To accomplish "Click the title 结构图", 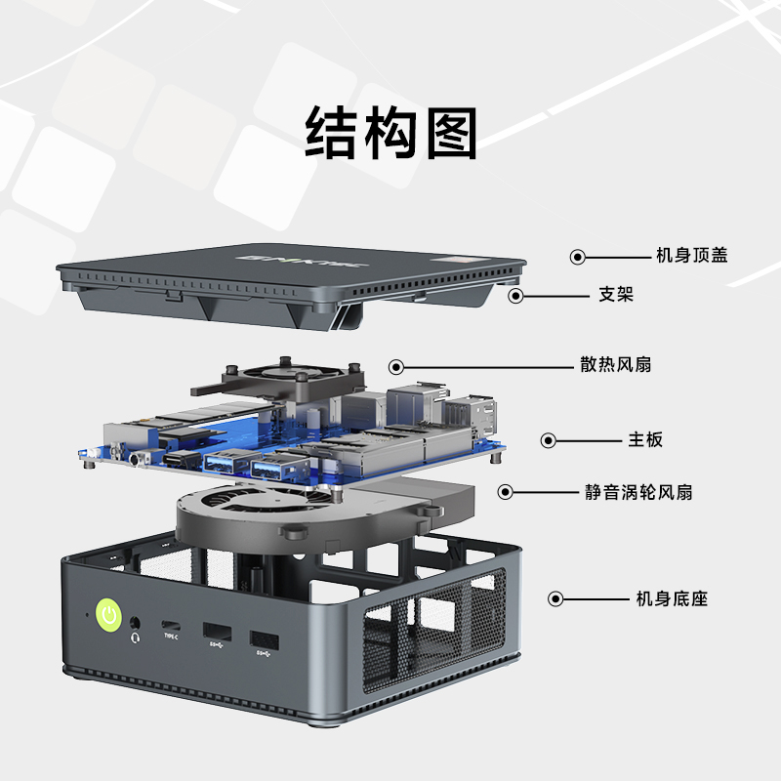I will (x=390, y=134).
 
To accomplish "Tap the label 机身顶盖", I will (x=691, y=256).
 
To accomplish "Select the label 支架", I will (x=615, y=294).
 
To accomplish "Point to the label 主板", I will (x=644, y=439).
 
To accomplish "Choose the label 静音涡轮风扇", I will (x=638, y=492).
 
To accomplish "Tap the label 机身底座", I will (x=671, y=598).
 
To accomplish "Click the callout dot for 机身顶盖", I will (x=578, y=257).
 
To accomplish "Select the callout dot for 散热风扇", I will (x=396, y=366).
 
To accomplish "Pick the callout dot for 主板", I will (x=548, y=440).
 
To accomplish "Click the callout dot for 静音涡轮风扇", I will (x=506, y=492).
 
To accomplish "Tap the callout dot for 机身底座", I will (x=555, y=598).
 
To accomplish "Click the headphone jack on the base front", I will (x=134, y=621).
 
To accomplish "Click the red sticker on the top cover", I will (x=455, y=261).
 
